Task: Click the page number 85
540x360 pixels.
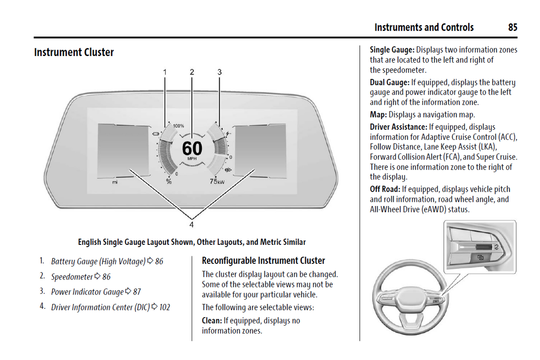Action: click(x=512, y=27)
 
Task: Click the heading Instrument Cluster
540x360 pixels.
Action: click(x=74, y=52)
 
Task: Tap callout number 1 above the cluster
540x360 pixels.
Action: click(x=165, y=72)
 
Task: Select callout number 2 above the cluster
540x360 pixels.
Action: click(x=192, y=72)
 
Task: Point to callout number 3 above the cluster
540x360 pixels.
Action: click(x=219, y=72)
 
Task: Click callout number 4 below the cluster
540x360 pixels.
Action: click(x=191, y=225)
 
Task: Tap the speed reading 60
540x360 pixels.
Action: click(x=192, y=148)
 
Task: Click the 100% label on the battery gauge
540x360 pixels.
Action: click(x=178, y=126)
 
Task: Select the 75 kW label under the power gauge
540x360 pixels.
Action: click(x=217, y=182)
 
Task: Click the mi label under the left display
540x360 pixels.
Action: click(x=115, y=182)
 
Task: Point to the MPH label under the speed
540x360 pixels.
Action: click(x=192, y=159)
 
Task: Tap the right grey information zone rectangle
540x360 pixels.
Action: click(x=260, y=150)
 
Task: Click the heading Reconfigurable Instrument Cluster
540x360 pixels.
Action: click(x=263, y=261)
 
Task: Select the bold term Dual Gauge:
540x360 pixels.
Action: click(x=389, y=82)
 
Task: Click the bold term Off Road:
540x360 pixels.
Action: click(x=385, y=189)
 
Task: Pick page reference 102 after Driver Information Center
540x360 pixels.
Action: click(x=164, y=307)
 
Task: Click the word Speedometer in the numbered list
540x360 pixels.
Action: click(x=72, y=277)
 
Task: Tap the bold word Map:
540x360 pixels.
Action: click(x=378, y=115)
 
